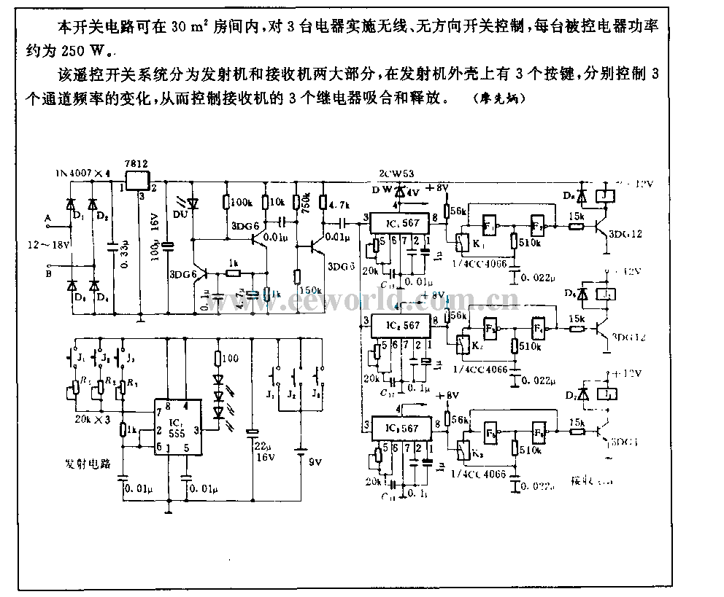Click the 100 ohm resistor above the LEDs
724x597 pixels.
217,358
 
